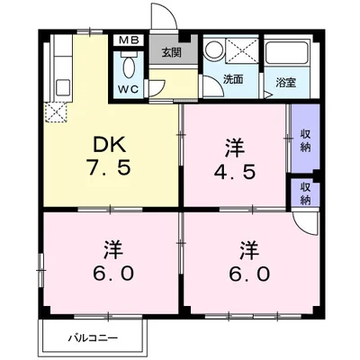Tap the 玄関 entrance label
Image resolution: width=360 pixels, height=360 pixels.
pyautogui.click(x=172, y=52)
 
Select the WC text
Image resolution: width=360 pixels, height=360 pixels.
pyautogui.click(x=126, y=90)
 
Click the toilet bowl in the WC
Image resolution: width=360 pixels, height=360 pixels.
pyautogui.click(x=128, y=67)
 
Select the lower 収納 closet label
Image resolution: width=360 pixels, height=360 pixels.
pyautogui.click(x=305, y=193)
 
